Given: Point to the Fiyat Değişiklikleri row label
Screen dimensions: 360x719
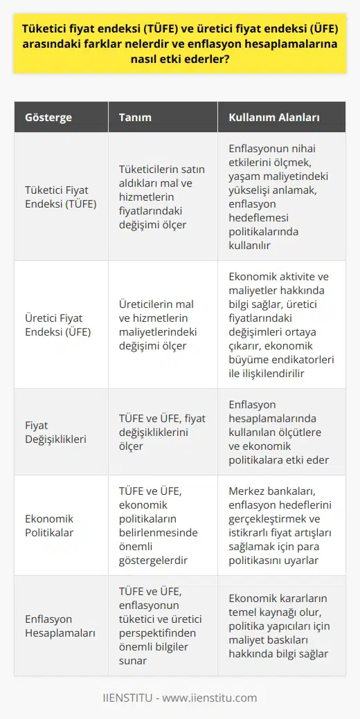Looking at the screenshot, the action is (x=57, y=431).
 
